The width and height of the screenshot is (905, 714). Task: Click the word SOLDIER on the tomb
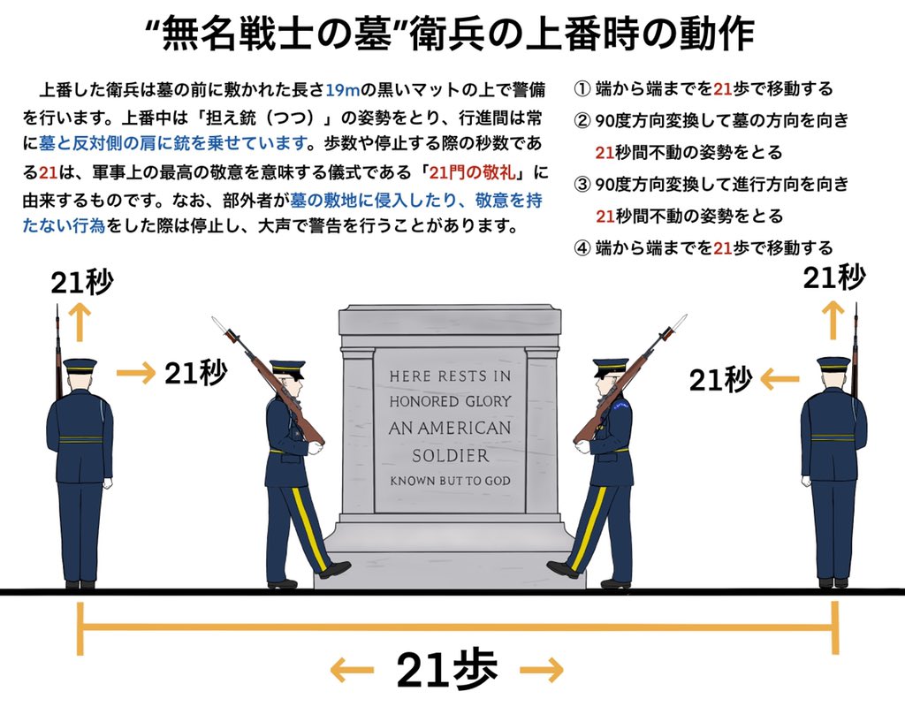pos(450,455)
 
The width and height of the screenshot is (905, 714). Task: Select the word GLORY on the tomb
pos(488,401)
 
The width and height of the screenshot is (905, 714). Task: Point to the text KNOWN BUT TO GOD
pos(450,481)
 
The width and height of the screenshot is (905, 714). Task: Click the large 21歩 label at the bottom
pos(446,669)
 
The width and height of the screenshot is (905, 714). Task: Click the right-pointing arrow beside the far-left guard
pos(135,374)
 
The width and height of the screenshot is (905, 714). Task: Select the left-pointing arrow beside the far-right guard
pos(780,380)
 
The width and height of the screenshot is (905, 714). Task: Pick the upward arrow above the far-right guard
pos(833,320)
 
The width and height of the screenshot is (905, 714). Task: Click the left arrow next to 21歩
pos(352,670)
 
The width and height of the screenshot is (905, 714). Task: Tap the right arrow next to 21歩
pos(542,670)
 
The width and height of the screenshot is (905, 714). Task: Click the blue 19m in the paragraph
pos(343,89)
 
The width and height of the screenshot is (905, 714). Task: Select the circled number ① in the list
pos(582,89)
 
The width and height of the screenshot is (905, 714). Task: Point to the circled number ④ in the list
pos(582,247)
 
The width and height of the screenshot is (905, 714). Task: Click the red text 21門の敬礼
pos(472,172)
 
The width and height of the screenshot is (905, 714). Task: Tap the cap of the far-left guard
pos(80,366)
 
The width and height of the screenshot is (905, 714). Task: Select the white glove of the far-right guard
pos(806,481)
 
